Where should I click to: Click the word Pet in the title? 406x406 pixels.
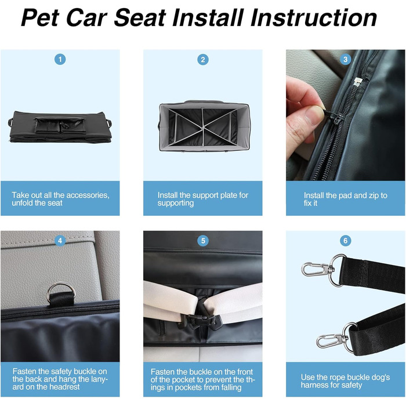click(x=40, y=17)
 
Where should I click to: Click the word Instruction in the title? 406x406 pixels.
click(x=314, y=17)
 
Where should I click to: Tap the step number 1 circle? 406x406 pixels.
click(x=60, y=60)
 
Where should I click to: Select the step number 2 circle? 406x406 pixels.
click(x=203, y=60)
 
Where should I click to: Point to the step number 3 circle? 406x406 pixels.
click(x=346, y=60)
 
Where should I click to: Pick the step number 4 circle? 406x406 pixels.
click(x=60, y=241)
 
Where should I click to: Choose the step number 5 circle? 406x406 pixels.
click(x=203, y=241)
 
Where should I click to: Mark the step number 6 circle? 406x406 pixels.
click(x=346, y=241)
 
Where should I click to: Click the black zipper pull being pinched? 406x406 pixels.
click(x=333, y=117)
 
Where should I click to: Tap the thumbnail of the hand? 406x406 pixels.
click(x=314, y=115)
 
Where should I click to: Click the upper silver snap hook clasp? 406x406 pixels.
click(x=314, y=269)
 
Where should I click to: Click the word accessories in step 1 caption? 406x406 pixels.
click(x=87, y=195)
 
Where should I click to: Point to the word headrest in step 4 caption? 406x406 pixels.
click(x=66, y=387)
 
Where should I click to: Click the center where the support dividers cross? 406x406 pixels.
click(x=203, y=128)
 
